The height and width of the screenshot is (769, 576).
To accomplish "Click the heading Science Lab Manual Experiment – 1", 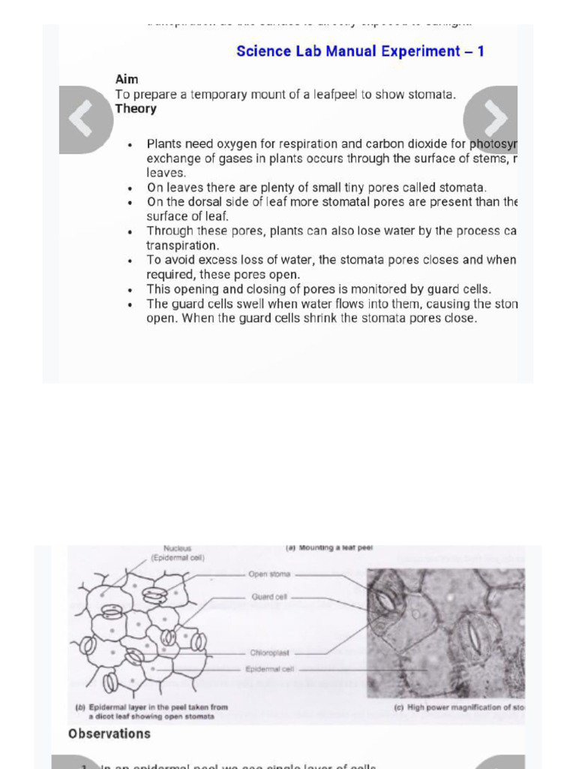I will tap(360, 51).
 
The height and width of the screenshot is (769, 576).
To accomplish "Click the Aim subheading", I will tap(127, 80).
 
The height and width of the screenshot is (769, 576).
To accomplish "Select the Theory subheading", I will tap(136, 109).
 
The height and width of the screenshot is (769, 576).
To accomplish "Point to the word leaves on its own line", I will tap(165, 173).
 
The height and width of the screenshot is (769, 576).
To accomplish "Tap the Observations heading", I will tap(109, 734).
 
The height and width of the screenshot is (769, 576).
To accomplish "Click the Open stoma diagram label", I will tap(269, 574).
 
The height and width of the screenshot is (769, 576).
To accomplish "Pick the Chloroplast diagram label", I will tap(270, 653).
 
